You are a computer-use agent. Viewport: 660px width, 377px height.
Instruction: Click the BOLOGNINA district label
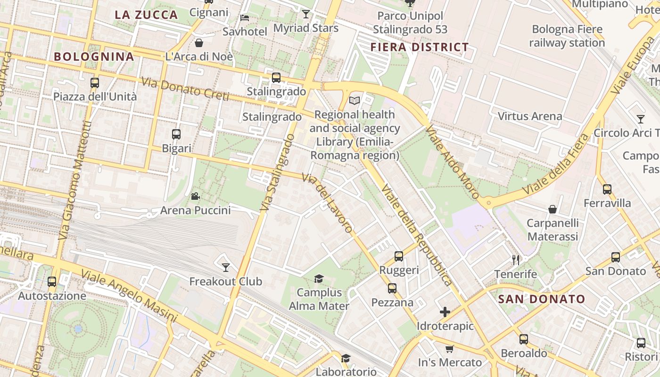[x=94, y=57]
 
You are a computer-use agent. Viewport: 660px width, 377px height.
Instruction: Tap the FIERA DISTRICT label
[x=419, y=47]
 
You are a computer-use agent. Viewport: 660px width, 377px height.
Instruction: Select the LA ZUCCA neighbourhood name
[x=146, y=15]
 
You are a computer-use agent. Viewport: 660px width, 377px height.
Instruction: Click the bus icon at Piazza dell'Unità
[x=95, y=83]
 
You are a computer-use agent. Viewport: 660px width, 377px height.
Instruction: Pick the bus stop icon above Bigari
[x=176, y=134]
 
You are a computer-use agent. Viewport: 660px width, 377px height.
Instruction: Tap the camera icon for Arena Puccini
[x=195, y=196]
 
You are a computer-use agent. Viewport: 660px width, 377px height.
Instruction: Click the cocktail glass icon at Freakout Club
[x=226, y=267]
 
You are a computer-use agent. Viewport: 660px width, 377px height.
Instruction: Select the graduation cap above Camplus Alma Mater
[x=319, y=279]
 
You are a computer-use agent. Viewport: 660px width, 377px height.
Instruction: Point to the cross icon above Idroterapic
[x=445, y=311]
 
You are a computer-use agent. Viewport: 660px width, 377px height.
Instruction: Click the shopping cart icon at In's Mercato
[x=450, y=349]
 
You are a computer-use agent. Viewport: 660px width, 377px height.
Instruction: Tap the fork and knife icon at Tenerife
[x=516, y=260]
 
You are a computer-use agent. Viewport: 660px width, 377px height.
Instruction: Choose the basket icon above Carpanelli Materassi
[x=553, y=209]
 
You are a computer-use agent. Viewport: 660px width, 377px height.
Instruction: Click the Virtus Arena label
[x=530, y=116]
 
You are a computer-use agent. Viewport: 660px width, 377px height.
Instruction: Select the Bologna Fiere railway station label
[x=567, y=36]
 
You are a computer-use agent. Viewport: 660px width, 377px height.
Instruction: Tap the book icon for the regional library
[x=354, y=100]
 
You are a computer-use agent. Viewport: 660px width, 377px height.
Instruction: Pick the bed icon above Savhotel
[x=245, y=18]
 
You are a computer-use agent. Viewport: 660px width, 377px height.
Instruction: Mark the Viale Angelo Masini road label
[x=128, y=296]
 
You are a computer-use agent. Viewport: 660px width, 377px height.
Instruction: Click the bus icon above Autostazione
[x=52, y=282]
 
